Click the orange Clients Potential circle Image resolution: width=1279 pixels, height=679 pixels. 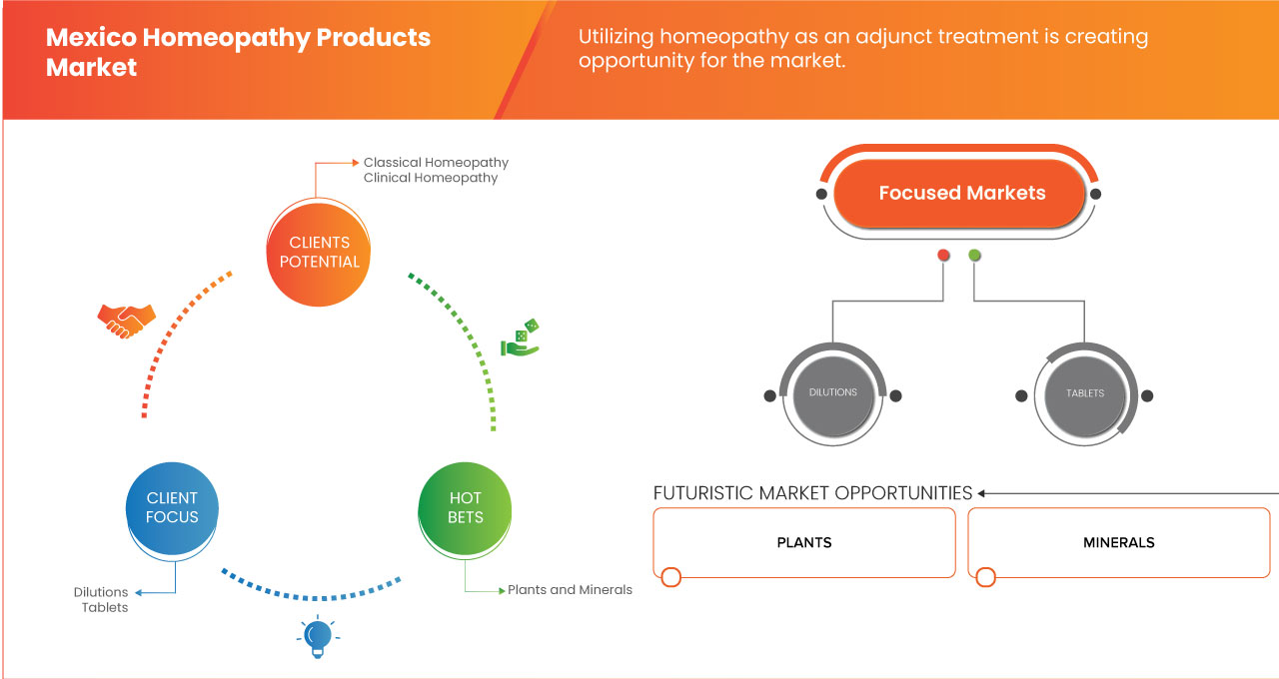[320, 252]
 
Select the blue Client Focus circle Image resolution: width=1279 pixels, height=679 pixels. [172, 507]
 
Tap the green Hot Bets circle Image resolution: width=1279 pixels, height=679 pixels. [465, 507]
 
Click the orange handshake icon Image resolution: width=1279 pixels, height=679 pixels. [126, 321]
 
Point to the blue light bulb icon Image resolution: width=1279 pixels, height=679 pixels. [317, 636]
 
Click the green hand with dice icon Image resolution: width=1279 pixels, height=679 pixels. [520, 339]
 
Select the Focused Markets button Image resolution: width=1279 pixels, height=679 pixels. [960, 193]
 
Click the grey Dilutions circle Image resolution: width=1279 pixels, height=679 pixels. [832, 393]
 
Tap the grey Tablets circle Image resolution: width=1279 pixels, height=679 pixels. [1084, 393]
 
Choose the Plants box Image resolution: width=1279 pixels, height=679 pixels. [804, 542]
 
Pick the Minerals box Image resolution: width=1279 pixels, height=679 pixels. [1118, 542]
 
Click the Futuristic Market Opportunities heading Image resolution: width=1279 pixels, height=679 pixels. [812, 493]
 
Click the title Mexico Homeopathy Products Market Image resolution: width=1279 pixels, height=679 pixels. [238, 52]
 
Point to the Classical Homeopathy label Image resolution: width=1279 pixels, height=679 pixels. [436, 162]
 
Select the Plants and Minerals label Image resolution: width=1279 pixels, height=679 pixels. [570, 590]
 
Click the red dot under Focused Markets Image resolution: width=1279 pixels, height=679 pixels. [943, 256]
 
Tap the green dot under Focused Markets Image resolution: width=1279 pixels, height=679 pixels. [974, 256]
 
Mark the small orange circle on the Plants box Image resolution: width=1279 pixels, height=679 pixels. [671, 577]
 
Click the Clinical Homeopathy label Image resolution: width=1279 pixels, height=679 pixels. [430, 178]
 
